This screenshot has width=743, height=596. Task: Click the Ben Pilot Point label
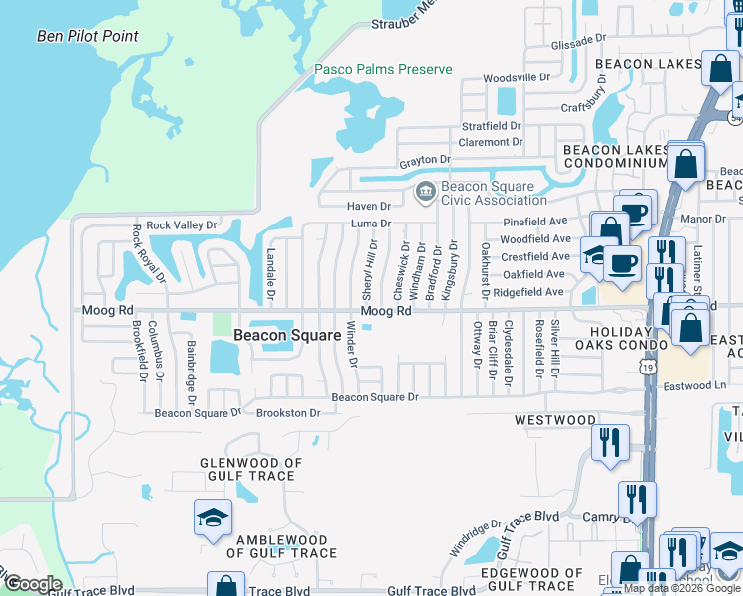click(87, 37)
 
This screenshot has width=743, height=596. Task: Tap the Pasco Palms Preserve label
click(382, 69)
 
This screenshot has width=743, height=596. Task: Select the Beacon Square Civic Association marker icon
click(425, 190)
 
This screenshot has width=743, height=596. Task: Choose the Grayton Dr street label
click(425, 159)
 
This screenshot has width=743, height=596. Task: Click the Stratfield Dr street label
click(491, 126)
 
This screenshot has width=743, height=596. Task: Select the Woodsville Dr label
click(516, 77)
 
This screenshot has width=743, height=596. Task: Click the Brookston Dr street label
click(288, 413)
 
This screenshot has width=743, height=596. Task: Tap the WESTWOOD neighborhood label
click(555, 420)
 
